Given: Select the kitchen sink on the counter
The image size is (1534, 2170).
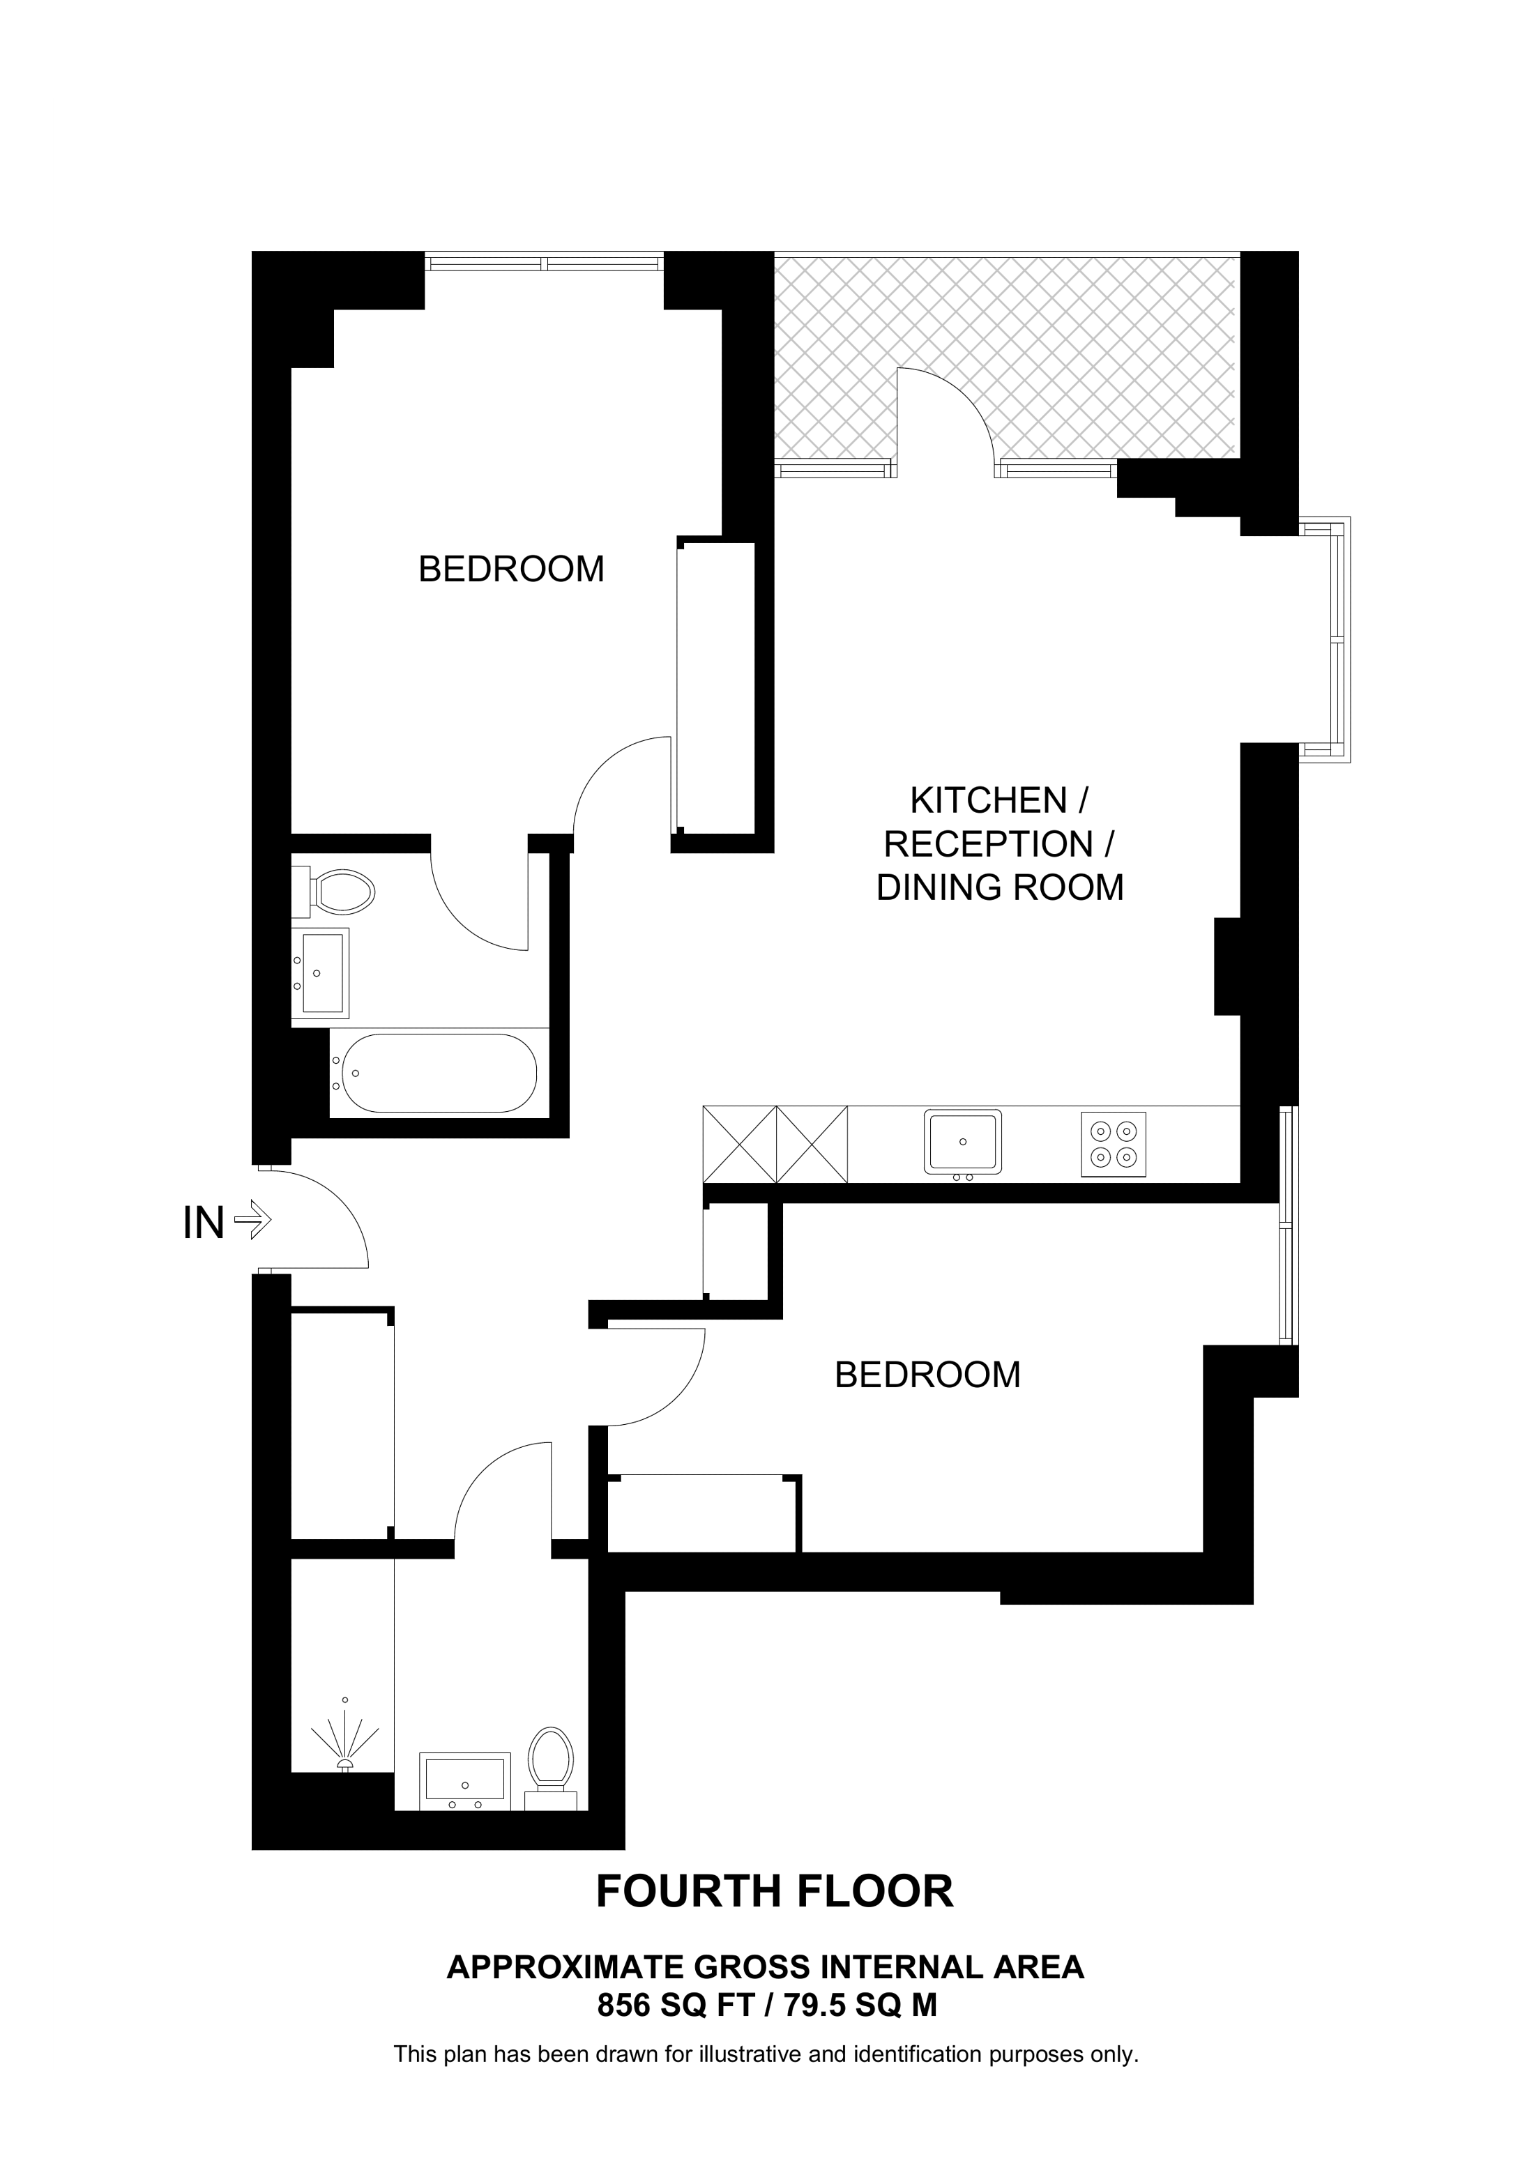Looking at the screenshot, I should tap(962, 1142).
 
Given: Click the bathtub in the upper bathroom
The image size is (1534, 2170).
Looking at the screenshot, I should tap(439, 1073).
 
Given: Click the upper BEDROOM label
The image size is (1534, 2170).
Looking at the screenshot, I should tap(511, 569).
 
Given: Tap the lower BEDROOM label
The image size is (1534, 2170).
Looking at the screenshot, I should tap(927, 1374).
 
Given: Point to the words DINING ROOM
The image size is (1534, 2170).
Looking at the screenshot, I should tap(1000, 887).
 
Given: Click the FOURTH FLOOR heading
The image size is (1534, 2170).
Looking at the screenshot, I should tap(774, 1891).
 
